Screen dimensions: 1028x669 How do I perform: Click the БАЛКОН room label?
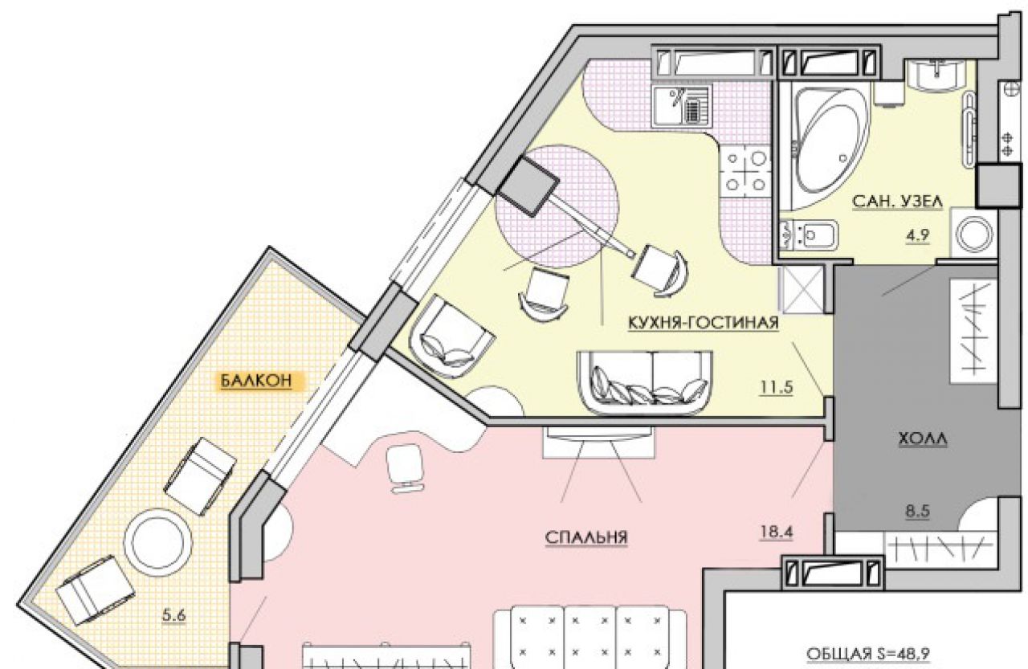click(255, 381)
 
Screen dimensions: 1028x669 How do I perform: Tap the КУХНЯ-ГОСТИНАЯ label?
click(703, 323)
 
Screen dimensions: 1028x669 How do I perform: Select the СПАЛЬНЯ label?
click(586, 536)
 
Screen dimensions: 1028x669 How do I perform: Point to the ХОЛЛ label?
click(923, 439)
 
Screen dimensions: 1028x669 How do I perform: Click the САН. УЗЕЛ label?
click(898, 202)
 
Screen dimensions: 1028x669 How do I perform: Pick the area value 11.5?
click(777, 388)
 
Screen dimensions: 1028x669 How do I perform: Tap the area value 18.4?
click(777, 532)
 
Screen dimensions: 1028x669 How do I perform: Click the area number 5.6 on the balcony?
click(174, 615)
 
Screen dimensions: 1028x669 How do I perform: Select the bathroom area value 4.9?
click(918, 235)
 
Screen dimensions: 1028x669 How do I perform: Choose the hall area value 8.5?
click(918, 511)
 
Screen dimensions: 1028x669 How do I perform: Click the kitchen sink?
click(682, 106)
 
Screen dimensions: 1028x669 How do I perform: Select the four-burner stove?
click(746, 172)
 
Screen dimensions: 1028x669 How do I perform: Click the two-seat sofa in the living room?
click(645, 381)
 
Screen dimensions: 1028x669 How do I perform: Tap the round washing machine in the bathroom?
click(975, 234)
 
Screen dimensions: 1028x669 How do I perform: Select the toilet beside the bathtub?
click(809, 235)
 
